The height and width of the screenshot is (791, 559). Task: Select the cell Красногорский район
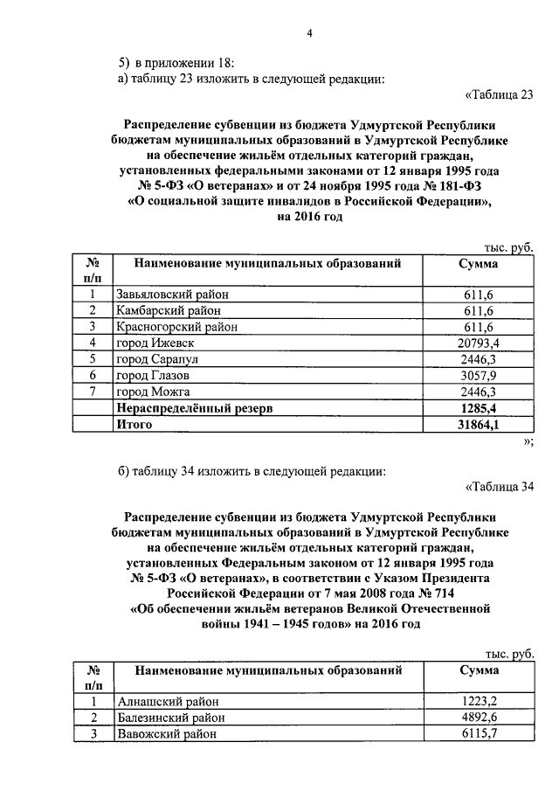coord(169,327)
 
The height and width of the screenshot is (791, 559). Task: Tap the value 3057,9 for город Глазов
coord(480,375)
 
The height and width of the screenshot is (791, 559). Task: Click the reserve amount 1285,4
coord(480,407)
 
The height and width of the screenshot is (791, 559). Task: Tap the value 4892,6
coord(480,718)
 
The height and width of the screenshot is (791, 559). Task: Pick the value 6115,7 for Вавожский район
coord(480,734)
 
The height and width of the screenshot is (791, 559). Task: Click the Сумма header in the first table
coord(479,263)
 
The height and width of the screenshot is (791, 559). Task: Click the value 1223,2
coord(480,702)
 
